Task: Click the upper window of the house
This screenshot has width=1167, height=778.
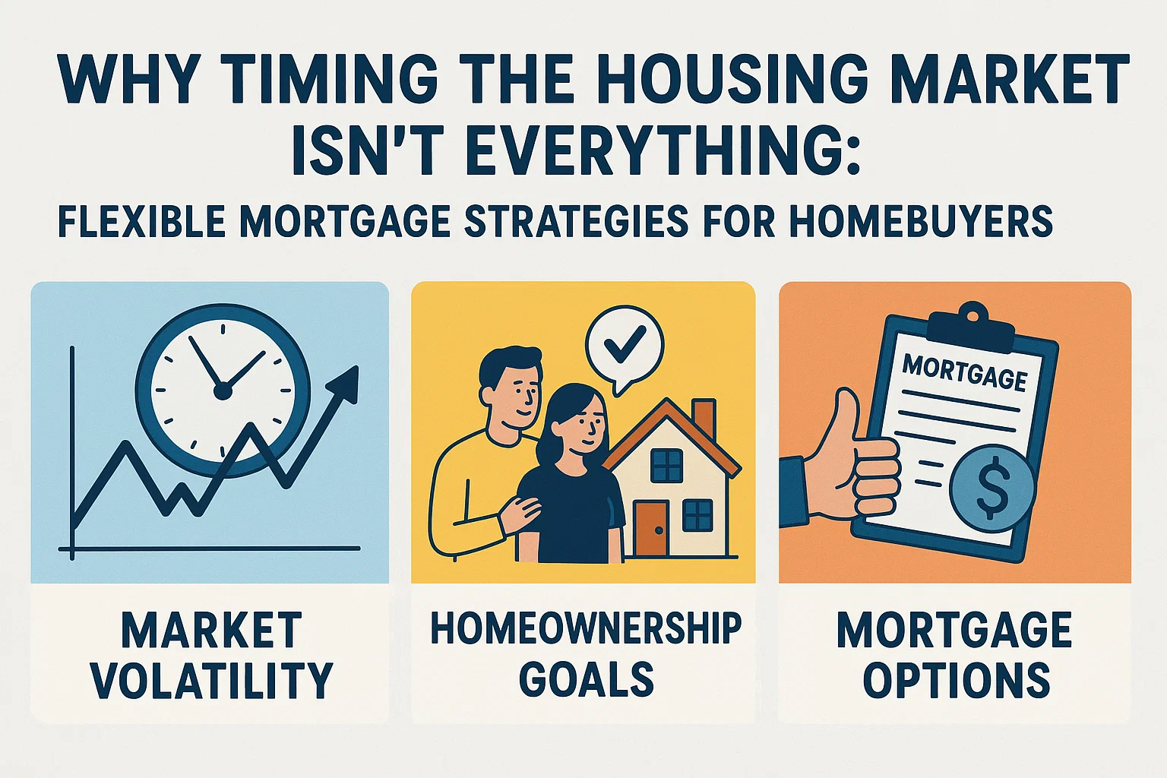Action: coord(666,465)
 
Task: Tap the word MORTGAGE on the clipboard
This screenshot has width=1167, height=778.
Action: coord(964,372)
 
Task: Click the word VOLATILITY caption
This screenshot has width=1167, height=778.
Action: coord(212,680)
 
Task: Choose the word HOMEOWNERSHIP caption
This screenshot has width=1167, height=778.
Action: coord(585,629)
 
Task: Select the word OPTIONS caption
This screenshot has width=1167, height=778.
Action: coord(956,680)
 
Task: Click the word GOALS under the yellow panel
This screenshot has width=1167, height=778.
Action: coord(586,678)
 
